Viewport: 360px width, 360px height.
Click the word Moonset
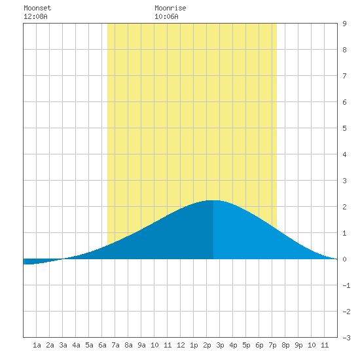point(37,8)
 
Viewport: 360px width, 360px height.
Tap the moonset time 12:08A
point(35,16)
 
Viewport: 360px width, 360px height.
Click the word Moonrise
point(170,8)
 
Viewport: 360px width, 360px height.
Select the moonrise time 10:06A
point(166,16)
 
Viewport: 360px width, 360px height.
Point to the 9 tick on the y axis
point(344,24)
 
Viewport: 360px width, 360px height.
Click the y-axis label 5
point(344,128)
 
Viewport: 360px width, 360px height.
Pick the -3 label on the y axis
point(346,338)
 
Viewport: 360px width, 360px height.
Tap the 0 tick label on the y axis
point(344,259)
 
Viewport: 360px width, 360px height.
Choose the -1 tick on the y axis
point(346,285)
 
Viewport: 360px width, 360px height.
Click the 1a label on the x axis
point(37,345)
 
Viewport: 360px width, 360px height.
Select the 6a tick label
point(102,345)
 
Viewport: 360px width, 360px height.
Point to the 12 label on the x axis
point(181,345)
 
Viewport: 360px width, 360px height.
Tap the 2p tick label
point(207,345)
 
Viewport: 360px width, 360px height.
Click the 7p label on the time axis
point(272,345)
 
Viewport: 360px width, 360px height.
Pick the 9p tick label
point(298,345)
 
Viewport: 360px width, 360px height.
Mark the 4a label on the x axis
point(76,345)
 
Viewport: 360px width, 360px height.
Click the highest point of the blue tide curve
point(213,200)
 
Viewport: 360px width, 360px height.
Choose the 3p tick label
point(220,345)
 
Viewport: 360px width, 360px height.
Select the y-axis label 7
point(344,76)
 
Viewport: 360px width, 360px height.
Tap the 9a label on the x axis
point(141,345)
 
